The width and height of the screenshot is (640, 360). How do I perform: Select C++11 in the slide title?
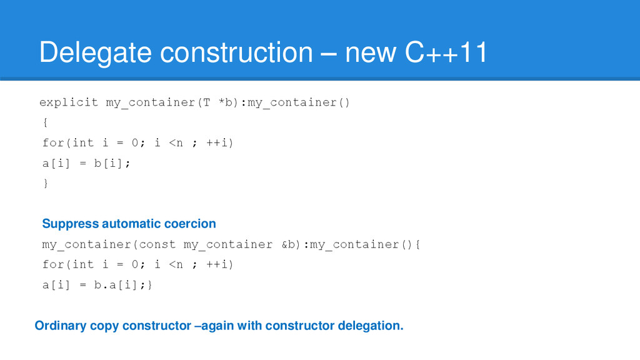[x=446, y=54]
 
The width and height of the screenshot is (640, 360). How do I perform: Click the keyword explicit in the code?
[x=69, y=102]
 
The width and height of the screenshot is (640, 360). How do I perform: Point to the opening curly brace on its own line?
[x=45, y=122]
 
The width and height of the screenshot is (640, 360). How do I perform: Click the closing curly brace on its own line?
[x=45, y=183]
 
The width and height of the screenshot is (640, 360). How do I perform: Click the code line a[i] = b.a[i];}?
[x=97, y=284]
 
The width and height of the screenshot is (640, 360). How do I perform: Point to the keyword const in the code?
[x=161, y=244]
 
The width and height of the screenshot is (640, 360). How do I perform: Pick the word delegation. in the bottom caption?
[x=370, y=326]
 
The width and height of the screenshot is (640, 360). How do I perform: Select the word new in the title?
[x=370, y=54]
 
